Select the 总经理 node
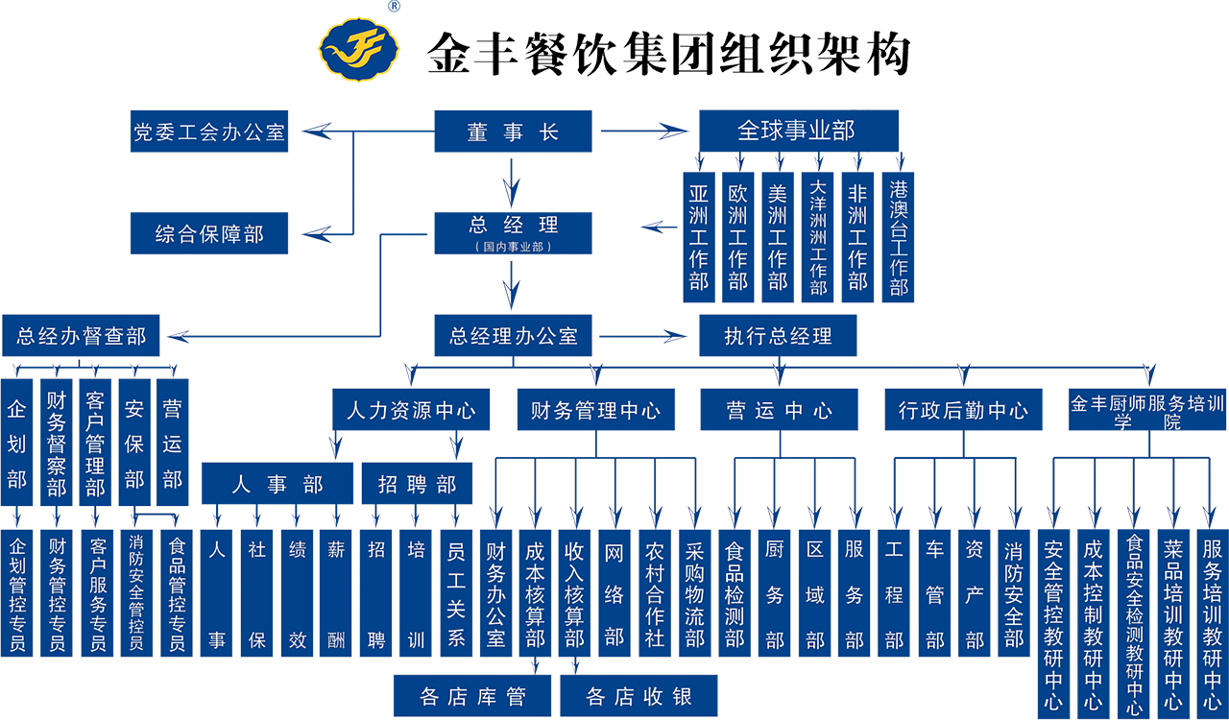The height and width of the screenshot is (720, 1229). [513, 227]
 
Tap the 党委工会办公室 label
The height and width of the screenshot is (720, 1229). [209, 132]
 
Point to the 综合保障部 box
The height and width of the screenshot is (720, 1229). [209, 233]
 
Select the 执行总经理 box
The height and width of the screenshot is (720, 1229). [778, 336]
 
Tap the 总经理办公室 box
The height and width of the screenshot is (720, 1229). [513, 336]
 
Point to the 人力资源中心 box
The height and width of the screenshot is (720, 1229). [410, 411]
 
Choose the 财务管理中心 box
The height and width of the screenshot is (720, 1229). [595, 411]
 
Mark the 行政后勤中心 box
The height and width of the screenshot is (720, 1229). [963, 411]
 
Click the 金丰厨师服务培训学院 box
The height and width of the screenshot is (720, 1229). [1147, 412]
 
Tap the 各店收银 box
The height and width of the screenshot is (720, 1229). [639, 697]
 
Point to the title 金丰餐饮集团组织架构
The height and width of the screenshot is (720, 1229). [667, 54]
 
